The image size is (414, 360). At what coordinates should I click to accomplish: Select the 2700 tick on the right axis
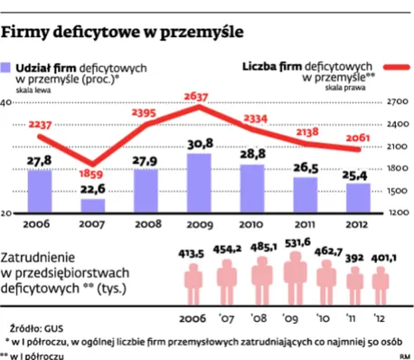point(399,102)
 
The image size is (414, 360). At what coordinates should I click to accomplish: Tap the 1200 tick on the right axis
point(399,213)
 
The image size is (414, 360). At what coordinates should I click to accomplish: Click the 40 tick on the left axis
point(6,102)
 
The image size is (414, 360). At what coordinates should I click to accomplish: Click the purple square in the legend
point(8,68)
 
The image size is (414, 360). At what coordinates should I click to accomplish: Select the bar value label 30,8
point(199,144)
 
